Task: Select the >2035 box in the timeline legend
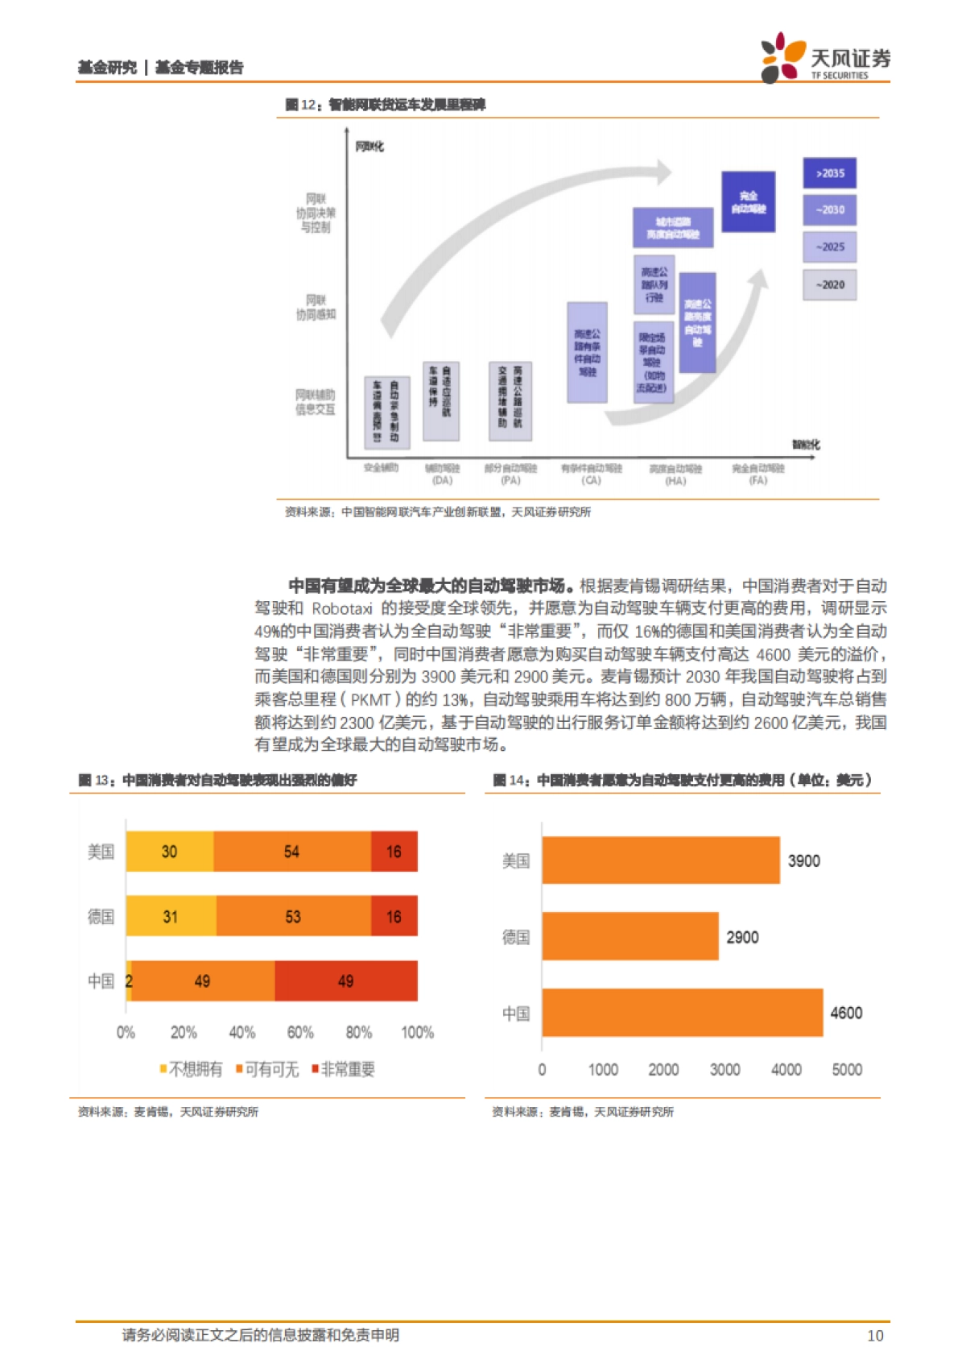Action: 829,173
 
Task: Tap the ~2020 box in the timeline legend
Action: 829,284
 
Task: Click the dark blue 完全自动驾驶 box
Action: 748,201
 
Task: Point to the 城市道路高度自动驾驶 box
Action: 673,227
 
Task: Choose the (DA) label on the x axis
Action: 442,480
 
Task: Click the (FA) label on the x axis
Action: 758,480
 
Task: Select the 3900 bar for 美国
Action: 660,860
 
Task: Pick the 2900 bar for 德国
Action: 630,936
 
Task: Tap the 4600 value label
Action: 846,1013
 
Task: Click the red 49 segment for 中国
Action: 346,981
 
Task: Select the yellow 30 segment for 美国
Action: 170,852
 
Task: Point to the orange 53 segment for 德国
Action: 293,917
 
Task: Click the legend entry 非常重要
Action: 344,1069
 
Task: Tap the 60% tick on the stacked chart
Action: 300,1032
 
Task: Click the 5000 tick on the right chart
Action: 847,1069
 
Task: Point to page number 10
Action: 875,1335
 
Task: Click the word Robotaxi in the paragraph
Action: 342,608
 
